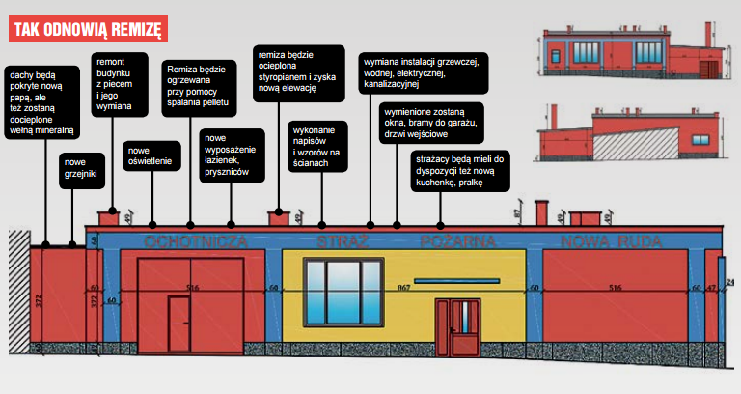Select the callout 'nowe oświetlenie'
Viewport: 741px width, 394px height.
(150, 155)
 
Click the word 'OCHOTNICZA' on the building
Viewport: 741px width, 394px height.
(191, 240)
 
